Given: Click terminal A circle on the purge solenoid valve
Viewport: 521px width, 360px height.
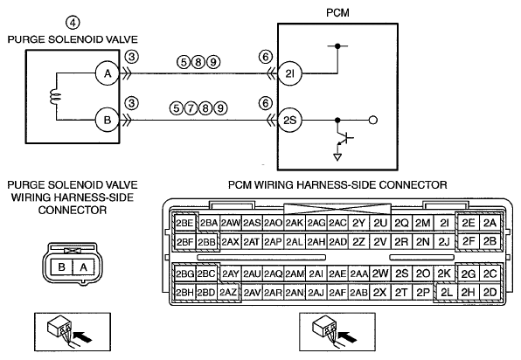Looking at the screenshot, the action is [108, 73].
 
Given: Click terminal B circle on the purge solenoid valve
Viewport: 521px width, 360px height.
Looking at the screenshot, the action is [108, 120].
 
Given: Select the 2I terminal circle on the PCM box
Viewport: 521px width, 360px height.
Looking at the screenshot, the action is [289, 73].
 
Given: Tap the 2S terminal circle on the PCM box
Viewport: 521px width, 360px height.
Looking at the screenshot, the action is [289, 120].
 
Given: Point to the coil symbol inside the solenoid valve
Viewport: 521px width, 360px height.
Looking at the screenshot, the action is [55, 97].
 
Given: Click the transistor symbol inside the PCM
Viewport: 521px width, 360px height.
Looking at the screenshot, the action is [344, 138].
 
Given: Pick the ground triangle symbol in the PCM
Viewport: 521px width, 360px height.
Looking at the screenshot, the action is [337, 156].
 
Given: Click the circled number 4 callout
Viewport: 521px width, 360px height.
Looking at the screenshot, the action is [73, 23].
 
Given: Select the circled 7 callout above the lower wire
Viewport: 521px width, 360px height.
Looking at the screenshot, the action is [191, 108].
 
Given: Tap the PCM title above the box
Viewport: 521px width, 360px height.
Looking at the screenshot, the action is [337, 12].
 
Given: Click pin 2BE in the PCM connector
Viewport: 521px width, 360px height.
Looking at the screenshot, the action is [184, 223].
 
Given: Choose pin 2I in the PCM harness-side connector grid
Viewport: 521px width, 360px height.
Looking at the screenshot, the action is [444, 223].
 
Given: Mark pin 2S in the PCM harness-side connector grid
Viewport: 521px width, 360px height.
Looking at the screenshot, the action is [401, 273].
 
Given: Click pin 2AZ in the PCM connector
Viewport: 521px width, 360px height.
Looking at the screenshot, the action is [228, 292].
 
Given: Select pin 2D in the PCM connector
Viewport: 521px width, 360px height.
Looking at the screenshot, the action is [490, 292].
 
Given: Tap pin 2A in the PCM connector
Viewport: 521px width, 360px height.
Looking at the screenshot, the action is [490, 223].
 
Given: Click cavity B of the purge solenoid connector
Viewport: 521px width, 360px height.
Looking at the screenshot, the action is [61, 267].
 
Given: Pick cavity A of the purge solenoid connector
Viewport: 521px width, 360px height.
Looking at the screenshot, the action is [83, 267].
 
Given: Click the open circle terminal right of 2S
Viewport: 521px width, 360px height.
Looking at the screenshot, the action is [373, 121].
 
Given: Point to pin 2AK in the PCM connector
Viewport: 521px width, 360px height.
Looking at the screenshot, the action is [295, 223].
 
